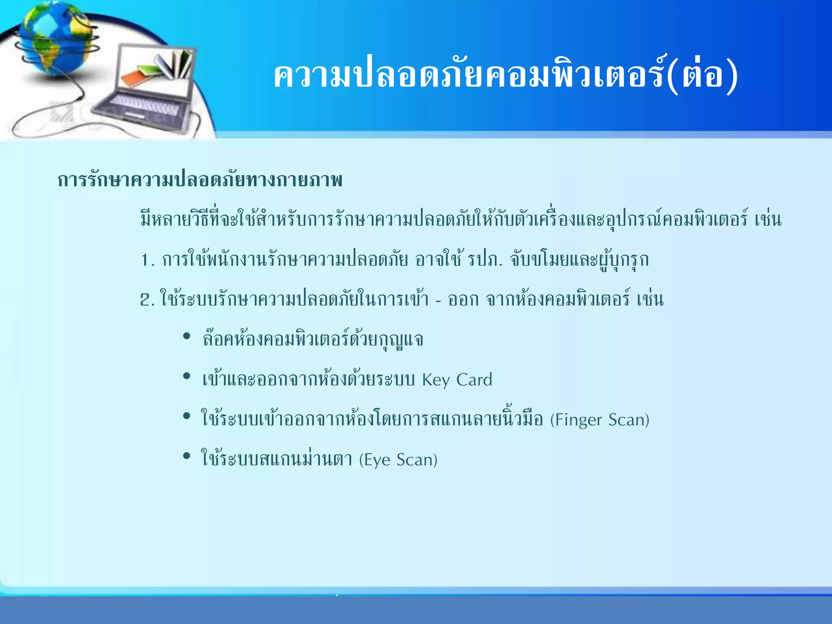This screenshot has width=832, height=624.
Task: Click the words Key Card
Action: point(457,380)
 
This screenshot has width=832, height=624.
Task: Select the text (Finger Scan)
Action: point(600,420)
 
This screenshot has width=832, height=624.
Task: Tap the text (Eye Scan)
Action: point(398,459)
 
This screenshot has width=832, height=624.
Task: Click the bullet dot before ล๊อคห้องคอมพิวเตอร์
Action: point(187,336)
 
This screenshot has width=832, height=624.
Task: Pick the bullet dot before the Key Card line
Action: point(187,376)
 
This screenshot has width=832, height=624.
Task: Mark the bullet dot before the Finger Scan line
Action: point(187,416)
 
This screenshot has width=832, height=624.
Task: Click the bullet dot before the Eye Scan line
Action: point(187,455)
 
